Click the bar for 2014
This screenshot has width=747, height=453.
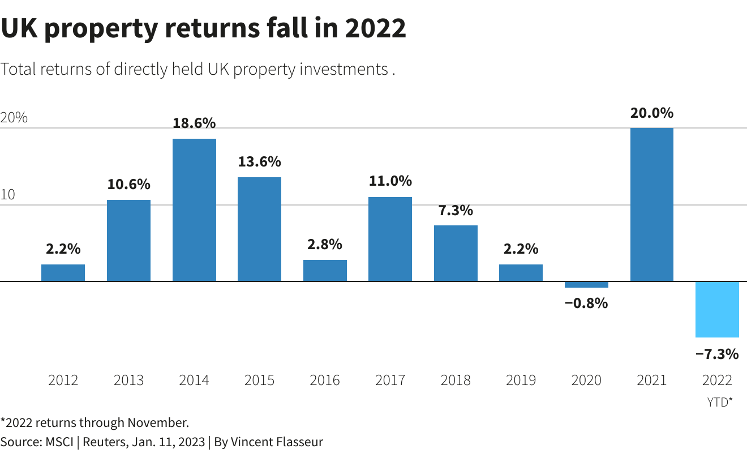[x=194, y=210]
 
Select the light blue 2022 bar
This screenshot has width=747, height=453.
[x=717, y=309]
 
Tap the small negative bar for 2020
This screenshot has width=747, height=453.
[x=586, y=285]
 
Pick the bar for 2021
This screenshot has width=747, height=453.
[x=652, y=204]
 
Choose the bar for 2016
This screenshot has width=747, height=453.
[x=325, y=271]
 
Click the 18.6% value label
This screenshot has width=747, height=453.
[x=194, y=123]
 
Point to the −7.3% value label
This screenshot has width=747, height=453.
[x=717, y=354]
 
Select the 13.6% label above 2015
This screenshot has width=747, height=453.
[x=259, y=161]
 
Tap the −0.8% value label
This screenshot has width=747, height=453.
[x=586, y=303]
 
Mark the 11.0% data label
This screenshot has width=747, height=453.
[x=390, y=181]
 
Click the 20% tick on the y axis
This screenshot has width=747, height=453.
[x=14, y=118]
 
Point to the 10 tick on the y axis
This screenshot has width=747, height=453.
[x=8, y=195]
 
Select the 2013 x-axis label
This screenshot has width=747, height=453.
[x=128, y=380]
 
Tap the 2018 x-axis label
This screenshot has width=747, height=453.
[x=456, y=380]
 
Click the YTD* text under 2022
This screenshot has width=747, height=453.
[x=719, y=402]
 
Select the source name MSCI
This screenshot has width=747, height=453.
[x=59, y=442]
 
